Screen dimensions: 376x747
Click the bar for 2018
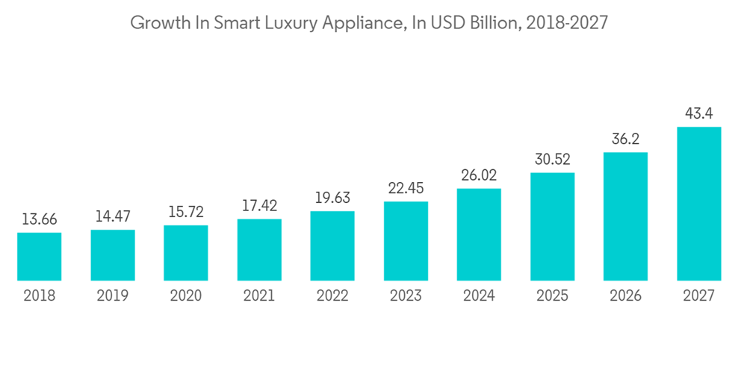pos(40,257)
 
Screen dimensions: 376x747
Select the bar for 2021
pos(259,250)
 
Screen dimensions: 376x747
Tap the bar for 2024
pos(479,234)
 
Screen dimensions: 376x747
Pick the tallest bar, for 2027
pos(698,204)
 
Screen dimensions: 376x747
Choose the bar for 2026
pos(625,216)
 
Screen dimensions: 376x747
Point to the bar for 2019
pos(113,255)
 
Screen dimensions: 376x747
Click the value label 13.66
pos(40,220)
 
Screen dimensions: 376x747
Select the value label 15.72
pos(186,213)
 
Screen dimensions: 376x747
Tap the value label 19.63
pos(332,198)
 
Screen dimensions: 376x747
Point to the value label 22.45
pos(406,189)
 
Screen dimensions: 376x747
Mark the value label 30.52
pos(552,160)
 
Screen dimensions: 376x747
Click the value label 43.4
pos(698,114)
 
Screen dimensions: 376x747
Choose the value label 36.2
pos(625,140)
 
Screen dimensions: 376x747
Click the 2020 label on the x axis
pos(186,296)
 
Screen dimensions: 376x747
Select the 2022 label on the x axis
pos(332,296)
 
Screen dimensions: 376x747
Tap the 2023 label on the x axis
pos(406,296)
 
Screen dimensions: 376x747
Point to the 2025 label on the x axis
pos(552,296)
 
